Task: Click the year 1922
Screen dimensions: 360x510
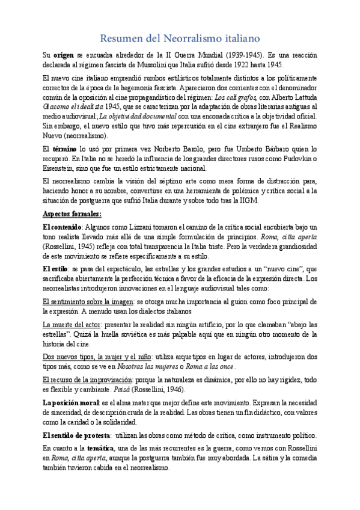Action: pyautogui.click(x=239, y=64)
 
